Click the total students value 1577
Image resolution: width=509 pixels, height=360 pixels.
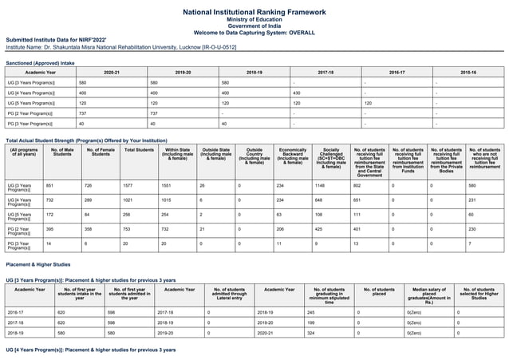(x=128, y=185)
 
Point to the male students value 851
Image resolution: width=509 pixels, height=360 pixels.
(x=52, y=185)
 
